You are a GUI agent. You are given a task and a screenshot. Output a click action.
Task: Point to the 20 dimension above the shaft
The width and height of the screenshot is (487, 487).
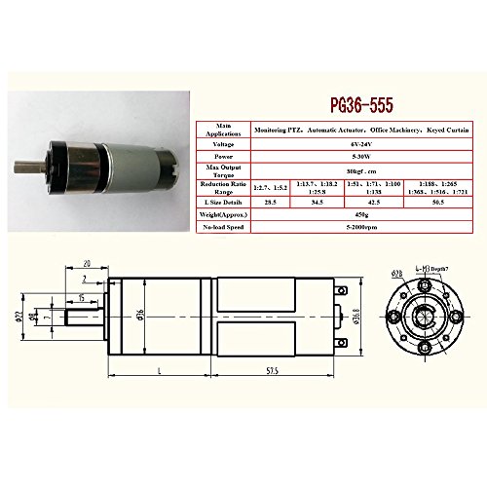(x=87, y=263)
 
